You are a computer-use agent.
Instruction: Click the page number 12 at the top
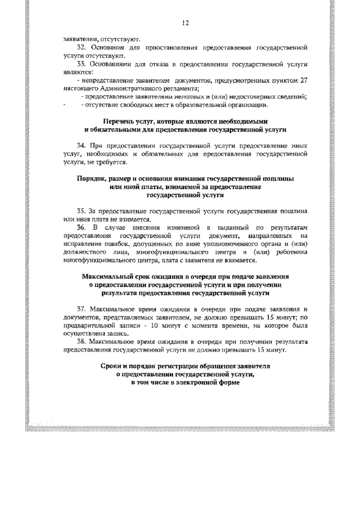pyautogui.click(x=185, y=23)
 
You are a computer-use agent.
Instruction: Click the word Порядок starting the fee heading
pyautogui.click(x=92, y=178)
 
